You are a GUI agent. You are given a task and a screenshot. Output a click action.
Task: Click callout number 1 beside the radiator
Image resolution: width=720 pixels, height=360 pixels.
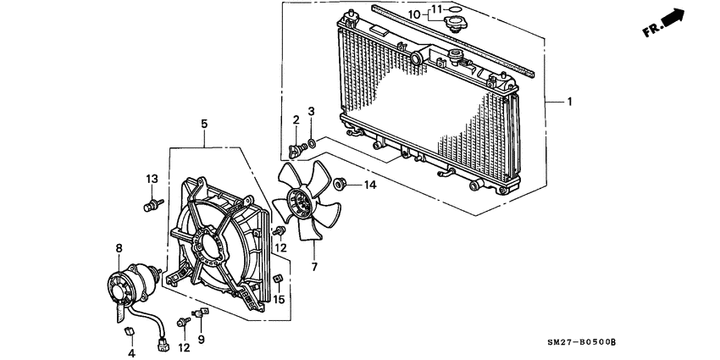pos(569,102)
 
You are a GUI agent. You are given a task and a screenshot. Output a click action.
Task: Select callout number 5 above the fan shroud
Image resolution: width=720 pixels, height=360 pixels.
pos(204,125)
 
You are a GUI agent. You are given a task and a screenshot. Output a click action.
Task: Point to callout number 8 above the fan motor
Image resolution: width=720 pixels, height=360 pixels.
pos(119,248)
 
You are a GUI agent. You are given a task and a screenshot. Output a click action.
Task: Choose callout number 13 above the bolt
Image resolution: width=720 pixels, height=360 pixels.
pos(152,179)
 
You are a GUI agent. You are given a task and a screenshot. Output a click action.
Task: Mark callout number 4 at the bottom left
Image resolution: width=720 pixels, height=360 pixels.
pos(131,352)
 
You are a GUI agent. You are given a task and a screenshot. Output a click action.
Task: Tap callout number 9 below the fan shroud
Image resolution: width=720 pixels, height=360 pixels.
pos(201,340)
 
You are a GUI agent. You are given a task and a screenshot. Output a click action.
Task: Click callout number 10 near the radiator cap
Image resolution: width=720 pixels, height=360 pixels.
pos(414,14)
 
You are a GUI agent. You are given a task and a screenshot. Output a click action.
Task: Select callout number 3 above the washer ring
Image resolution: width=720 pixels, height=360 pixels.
pos(311,112)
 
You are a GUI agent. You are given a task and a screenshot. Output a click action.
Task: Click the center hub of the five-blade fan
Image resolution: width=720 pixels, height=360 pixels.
pos(299,202)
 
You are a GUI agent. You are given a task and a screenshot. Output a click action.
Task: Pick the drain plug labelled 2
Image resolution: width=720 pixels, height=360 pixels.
pos(296,149)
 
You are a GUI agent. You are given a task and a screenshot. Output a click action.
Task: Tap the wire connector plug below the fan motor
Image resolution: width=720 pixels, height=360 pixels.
pos(162,344)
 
